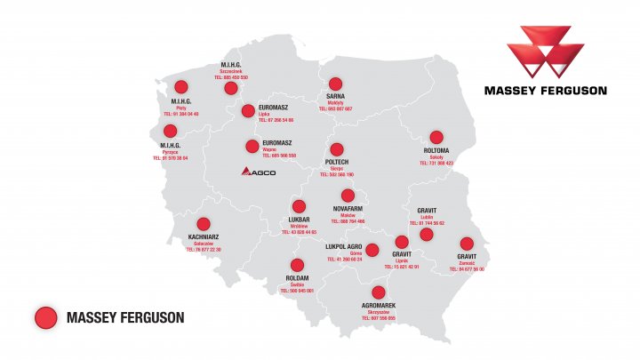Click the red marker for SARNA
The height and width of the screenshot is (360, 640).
pos(335,84)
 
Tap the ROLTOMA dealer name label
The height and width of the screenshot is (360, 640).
pos(437,151)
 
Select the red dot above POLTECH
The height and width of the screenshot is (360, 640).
pos(337,149)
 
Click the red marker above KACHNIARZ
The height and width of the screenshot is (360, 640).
pos(204,224)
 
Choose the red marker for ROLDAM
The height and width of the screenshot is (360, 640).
pos(297,265)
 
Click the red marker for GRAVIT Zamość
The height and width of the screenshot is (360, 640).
pos(467,244)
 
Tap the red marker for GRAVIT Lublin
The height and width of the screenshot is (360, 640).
pos(427,235)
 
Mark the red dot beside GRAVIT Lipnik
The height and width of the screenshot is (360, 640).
pos(402,242)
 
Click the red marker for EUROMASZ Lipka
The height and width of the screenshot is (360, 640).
pos(249,111)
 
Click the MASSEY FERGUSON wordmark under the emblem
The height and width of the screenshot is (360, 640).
pos(546,90)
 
